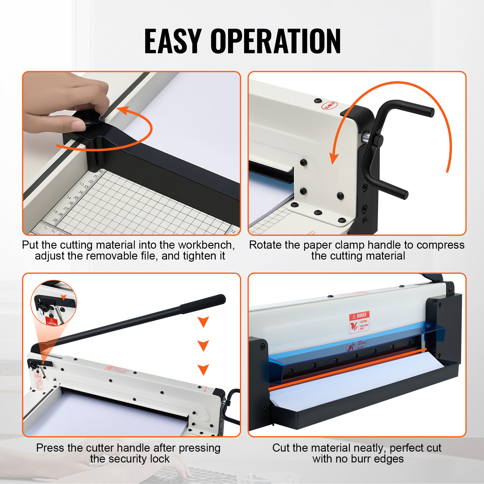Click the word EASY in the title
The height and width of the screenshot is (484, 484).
click(173, 41)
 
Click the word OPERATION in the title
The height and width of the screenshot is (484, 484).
click(276, 41)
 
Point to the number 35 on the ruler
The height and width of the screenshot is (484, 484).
click(75, 198)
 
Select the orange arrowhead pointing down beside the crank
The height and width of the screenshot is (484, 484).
click(334, 158)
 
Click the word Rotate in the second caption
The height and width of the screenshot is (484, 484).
click(265, 245)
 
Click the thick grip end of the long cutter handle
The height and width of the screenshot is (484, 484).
click(203, 303)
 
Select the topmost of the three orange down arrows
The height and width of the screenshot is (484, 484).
click(203, 322)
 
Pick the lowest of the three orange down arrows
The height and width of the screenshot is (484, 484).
click(203, 369)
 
